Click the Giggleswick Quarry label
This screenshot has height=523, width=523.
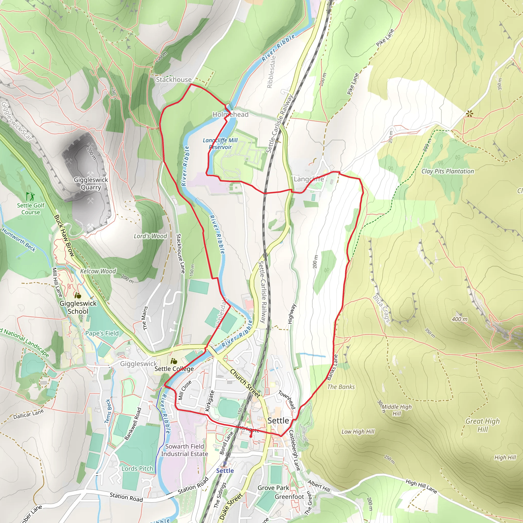click(91, 184)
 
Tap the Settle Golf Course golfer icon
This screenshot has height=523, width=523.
click(30, 196)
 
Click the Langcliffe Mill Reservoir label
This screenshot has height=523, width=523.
click(220, 144)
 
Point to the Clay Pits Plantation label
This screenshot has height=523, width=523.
click(447, 171)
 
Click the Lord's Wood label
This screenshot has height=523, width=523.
click(150, 236)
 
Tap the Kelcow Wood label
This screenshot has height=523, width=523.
click(98, 271)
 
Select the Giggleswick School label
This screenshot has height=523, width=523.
click(78, 307)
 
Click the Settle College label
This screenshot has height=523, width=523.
click(174, 369)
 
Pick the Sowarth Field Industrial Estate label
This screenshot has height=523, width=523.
click(185, 450)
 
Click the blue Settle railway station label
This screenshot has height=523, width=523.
click(225, 470)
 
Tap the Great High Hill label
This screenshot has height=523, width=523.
click(483, 425)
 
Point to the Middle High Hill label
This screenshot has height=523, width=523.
click(397, 410)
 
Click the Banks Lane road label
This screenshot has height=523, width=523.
click(332, 367)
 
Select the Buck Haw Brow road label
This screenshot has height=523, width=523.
click(64, 235)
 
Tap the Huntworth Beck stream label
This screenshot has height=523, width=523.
click(19, 240)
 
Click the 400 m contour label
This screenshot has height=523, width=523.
click(459, 319)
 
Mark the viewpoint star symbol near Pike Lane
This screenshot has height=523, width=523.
click(469, 114)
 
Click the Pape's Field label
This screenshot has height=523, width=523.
click(102, 333)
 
